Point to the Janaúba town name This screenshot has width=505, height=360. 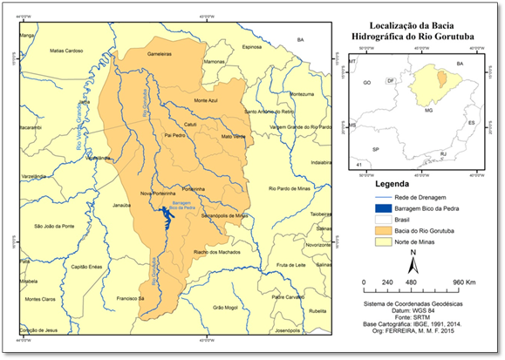[128, 206]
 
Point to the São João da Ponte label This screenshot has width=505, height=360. [54, 226]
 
